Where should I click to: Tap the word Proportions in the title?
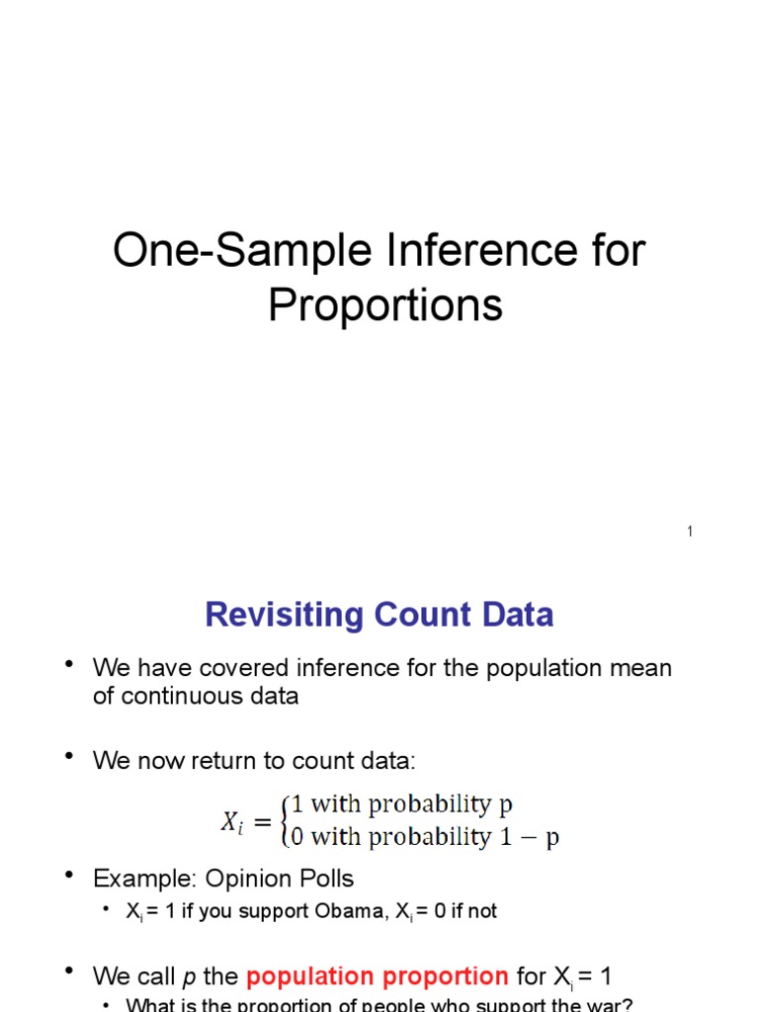click(x=385, y=305)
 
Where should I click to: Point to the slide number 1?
click(x=690, y=532)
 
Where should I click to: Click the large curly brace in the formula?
click(x=285, y=821)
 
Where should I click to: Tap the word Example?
click(x=135, y=878)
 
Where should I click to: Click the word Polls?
click(x=325, y=878)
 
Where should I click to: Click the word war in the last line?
click(x=608, y=1005)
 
